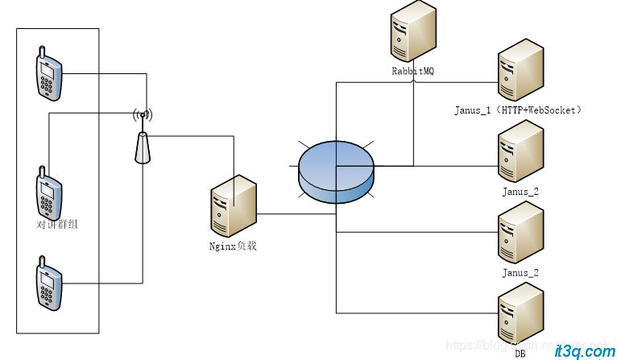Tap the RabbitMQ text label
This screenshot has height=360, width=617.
[412, 72]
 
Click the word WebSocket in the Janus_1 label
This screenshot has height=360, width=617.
[548, 110]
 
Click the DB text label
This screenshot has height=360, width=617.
[520, 354]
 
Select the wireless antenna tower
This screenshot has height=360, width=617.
[143, 144]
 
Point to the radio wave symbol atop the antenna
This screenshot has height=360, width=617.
[143, 115]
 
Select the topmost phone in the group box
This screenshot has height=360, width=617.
[49, 74]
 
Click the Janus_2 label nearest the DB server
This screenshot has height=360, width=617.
[520, 273]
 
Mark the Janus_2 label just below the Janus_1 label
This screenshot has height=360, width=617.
[520, 192]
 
